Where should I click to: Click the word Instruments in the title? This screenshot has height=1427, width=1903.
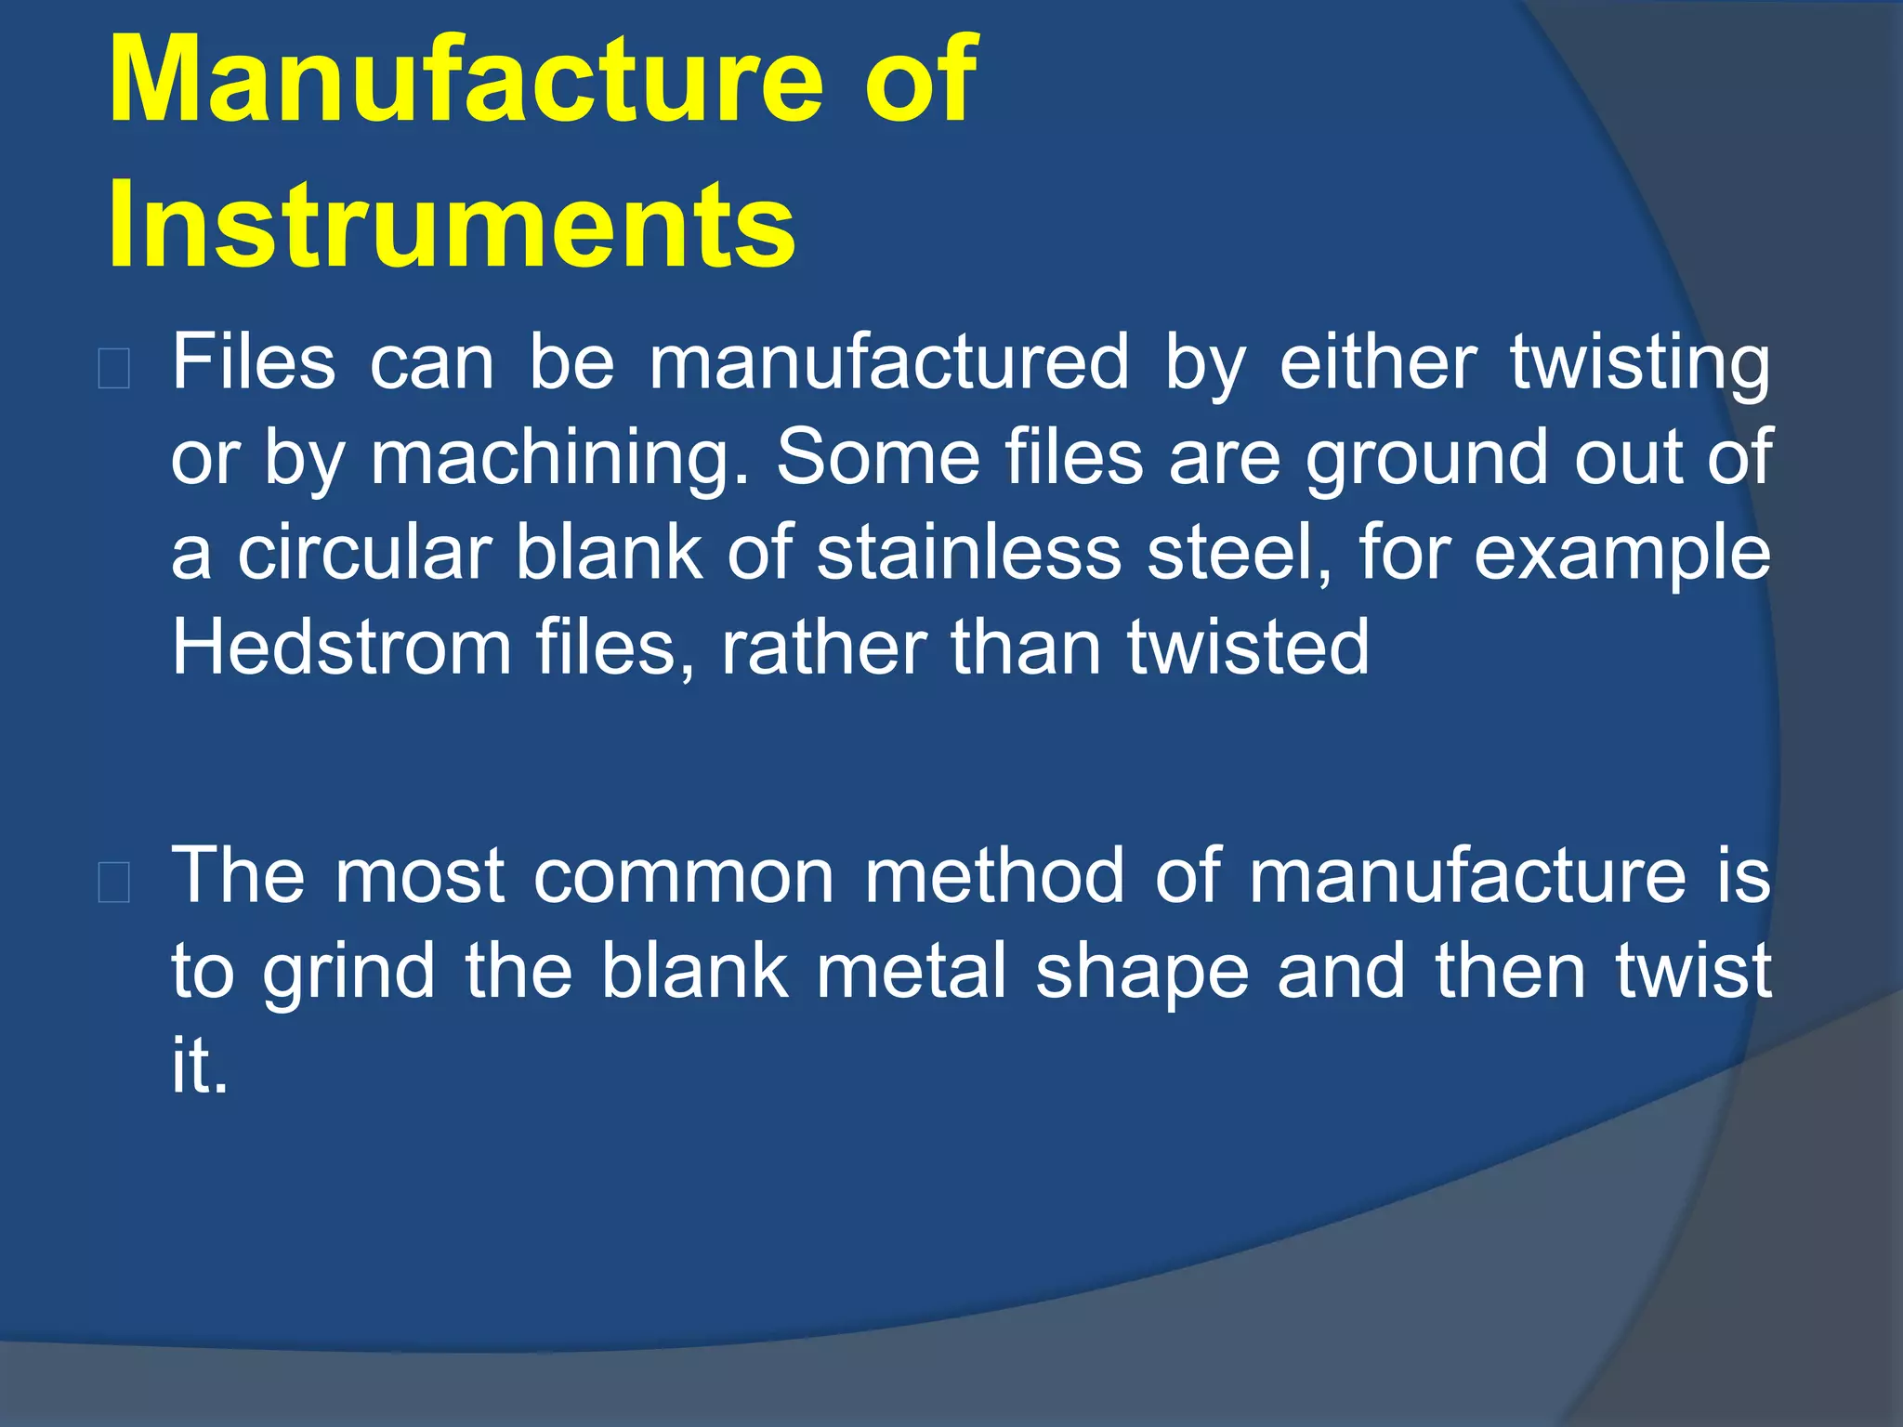[x=452, y=226]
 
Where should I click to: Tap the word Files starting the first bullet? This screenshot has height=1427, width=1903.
[x=254, y=361]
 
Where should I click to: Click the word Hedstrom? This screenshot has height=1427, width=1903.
[x=342, y=647]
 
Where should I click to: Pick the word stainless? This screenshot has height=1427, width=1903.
[x=969, y=552]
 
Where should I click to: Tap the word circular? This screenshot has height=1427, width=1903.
[x=363, y=552]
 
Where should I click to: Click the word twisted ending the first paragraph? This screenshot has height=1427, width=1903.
[x=1248, y=647]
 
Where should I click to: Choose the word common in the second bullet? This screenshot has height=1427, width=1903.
[x=684, y=876]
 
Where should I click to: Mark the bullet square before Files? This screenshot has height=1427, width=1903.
[x=113, y=370]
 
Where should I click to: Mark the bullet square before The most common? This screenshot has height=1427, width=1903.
[x=113, y=883]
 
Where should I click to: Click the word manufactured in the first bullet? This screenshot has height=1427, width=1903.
[x=889, y=361]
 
